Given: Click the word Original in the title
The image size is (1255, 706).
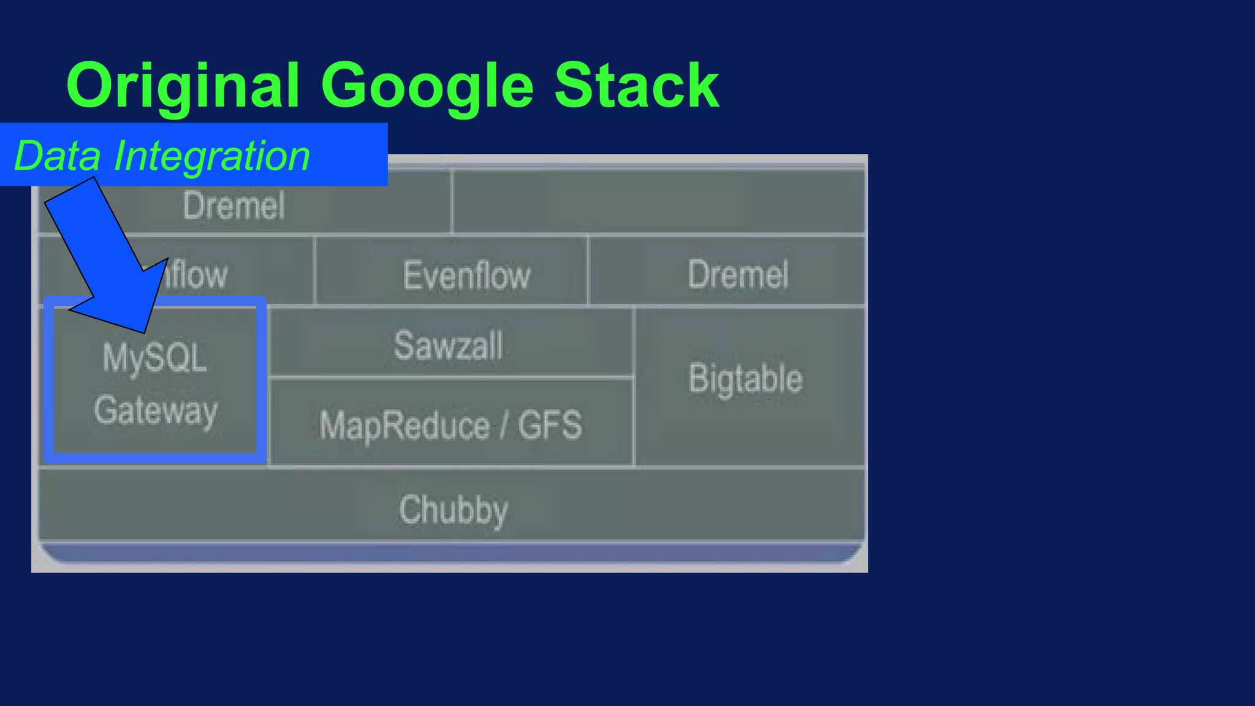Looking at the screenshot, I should (x=183, y=86).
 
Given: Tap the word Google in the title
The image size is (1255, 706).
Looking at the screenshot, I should (x=427, y=86).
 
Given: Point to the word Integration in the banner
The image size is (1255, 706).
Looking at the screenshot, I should (x=212, y=156).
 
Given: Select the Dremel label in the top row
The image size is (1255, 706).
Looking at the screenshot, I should (x=233, y=206).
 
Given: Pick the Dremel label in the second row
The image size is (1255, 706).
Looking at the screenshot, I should (x=738, y=275).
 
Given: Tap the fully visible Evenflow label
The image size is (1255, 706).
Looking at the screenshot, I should (x=466, y=275).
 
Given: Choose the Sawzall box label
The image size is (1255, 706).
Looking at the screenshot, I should (x=448, y=345).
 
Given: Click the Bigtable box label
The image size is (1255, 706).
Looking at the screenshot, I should (x=745, y=379).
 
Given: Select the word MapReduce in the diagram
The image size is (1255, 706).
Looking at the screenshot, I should (x=404, y=425).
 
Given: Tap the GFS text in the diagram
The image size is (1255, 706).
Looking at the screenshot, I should (x=550, y=425).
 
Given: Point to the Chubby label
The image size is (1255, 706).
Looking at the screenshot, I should (x=453, y=510).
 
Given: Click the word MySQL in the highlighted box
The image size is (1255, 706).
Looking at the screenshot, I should (x=154, y=358).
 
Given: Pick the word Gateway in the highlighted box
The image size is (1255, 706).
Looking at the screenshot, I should (x=156, y=411).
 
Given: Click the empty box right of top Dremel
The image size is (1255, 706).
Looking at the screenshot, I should (x=659, y=202).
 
